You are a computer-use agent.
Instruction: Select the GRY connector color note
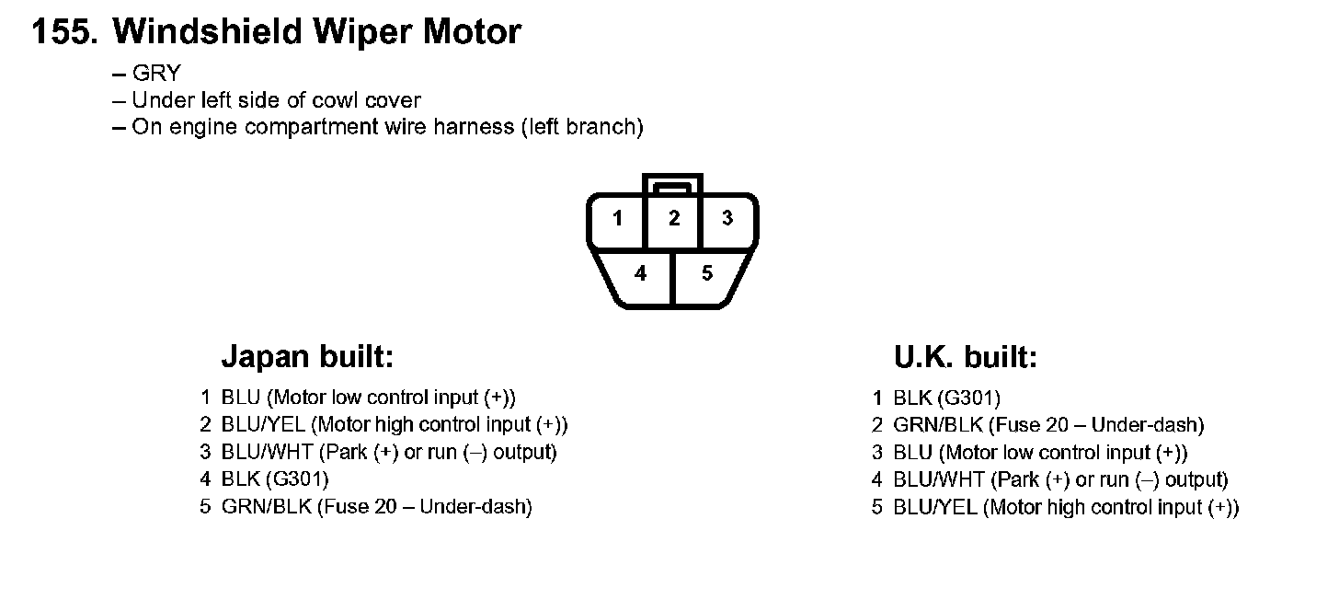coord(156,75)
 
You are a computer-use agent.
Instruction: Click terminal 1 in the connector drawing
coord(618,219)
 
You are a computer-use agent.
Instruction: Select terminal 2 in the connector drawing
coord(674,219)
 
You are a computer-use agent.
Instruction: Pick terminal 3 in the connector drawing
coord(727,219)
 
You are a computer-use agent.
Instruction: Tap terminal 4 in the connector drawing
coord(640,273)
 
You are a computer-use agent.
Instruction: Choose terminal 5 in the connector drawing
coord(706,273)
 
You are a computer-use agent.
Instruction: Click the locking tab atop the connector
coord(673,184)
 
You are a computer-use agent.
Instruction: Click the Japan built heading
coord(307,357)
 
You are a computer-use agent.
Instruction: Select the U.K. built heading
coord(965,357)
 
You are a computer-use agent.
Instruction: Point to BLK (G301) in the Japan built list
coord(275,479)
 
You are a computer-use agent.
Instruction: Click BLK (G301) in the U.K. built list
coord(946,398)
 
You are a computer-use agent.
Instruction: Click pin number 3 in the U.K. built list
coord(877,453)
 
